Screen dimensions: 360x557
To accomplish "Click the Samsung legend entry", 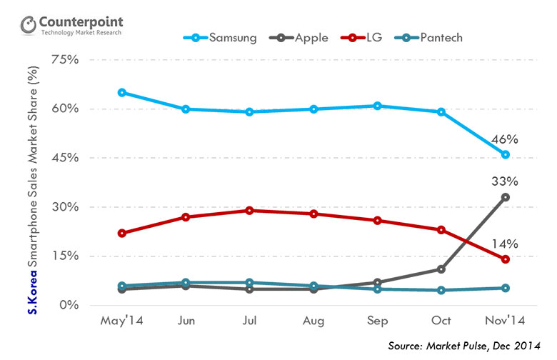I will (224, 37).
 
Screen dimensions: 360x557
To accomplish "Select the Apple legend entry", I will (308, 37).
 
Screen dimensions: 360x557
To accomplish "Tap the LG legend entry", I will (376, 37).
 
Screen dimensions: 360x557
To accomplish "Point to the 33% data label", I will (505, 181).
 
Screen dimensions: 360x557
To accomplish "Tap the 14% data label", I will (505, 243).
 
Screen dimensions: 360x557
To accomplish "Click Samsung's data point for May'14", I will (122, 92).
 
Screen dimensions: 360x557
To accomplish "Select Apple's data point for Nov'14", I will (505, 197).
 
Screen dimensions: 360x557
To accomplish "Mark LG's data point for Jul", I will (250, 211).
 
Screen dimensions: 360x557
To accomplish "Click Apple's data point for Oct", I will (441, 269).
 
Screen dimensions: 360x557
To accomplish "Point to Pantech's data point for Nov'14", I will (505, 289).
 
